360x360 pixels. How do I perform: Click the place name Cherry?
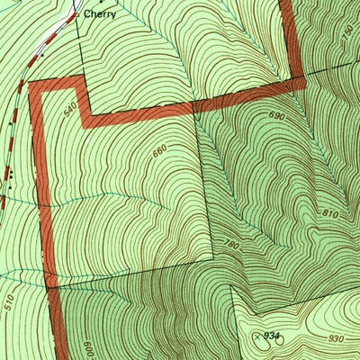coord(99,14)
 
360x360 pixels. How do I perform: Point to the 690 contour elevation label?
coord(275,117)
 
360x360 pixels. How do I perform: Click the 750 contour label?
coord(348,31)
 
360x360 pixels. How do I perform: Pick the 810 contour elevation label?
coord(329,215)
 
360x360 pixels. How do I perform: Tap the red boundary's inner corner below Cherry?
coord(85,119)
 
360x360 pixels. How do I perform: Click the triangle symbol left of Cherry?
coord(76,14)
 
